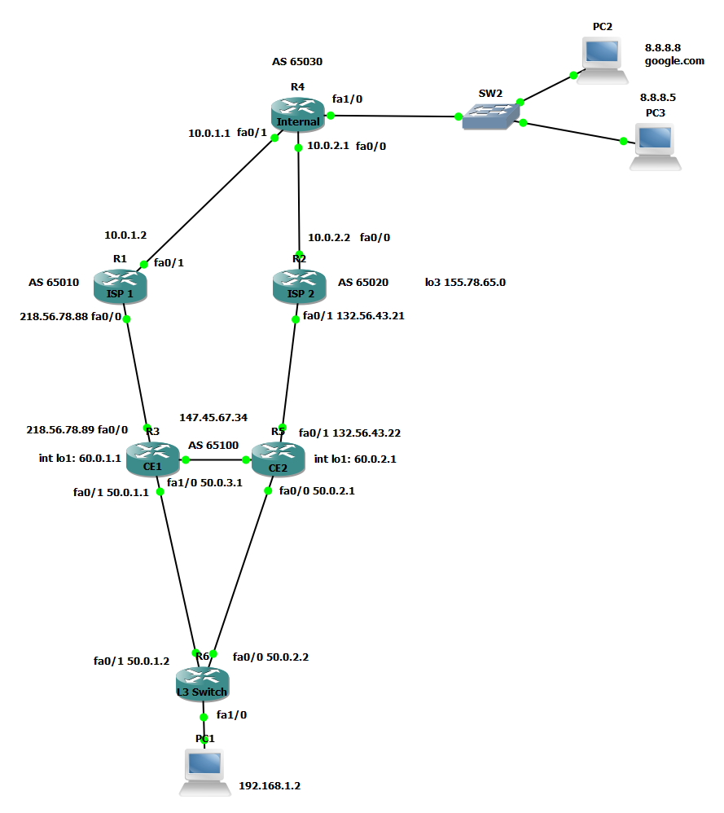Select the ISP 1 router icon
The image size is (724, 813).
coord(120,288)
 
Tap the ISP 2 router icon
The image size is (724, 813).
coord(299,288)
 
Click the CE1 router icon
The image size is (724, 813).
coord(153,460)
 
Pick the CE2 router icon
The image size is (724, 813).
coord(278,460)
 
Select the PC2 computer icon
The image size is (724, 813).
coord(605,60)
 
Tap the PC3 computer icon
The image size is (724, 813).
coord(656,146)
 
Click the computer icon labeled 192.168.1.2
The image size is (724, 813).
coord(204,771)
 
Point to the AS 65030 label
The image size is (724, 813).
coord(302,61)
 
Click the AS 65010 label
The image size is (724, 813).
coord(54,283)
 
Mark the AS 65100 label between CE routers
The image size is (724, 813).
coord(213,446)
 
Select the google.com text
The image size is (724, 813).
coord(674,61)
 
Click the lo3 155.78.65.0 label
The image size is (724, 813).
coord(465,283)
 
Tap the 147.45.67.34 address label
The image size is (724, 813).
coord(213,417)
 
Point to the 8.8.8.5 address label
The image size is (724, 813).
coord(658,97)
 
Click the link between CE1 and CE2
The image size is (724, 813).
coord(216,459)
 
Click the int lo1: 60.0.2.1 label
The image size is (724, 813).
coord(355,459)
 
